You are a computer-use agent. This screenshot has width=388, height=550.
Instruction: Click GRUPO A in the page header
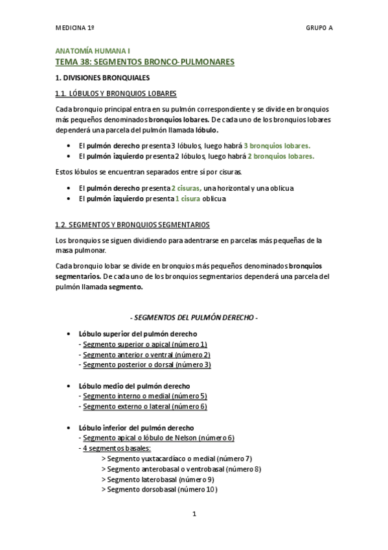(x=319, y=29)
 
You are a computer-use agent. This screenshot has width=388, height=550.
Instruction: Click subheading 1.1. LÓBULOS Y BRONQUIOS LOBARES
(x=116, y=93)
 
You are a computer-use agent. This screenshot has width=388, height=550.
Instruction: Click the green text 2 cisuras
(x=186, y=188)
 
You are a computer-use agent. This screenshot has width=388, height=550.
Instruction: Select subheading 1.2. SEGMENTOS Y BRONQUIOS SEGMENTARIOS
(x=132, y=224)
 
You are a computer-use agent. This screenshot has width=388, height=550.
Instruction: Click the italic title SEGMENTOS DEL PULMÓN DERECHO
(x=194, y=318)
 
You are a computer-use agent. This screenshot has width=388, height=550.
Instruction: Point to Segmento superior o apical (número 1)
(x=145, y=344)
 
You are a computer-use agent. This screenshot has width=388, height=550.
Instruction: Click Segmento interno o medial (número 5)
(x=145, y=396)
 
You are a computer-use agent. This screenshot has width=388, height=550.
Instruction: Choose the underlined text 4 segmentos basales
(x=117, y=448)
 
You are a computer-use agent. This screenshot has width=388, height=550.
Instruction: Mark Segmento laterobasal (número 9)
(x=160, y=479)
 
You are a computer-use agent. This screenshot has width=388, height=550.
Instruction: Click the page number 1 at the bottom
(x=194, y=515)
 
